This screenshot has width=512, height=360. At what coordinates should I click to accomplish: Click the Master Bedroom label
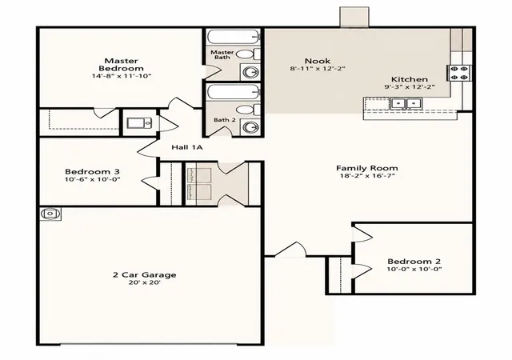(121, 65)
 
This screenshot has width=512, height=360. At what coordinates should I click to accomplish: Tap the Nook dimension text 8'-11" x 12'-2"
(318, 69)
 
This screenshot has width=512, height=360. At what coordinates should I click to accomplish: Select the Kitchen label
(410, 79)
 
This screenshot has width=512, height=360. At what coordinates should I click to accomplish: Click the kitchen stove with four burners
(459, 73)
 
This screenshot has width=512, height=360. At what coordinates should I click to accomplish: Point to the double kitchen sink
(406, 104)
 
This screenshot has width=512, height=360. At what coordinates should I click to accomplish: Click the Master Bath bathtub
(233, 38)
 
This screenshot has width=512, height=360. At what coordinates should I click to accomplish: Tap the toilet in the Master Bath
(248, 54)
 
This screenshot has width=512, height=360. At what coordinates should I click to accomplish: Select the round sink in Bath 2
(250, 126)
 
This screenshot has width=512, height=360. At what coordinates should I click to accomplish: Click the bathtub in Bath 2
(233, 93)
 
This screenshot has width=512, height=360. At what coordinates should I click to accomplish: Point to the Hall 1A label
(187, 147)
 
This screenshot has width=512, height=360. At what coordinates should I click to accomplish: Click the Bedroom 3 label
(93, 171)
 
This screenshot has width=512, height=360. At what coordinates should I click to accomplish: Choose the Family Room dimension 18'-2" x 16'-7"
(367, 176)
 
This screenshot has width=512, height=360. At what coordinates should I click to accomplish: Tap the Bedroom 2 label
(414, 262)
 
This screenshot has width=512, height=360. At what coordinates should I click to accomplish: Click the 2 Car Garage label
(145, 275)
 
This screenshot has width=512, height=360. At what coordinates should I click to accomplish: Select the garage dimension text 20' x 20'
(145, 282)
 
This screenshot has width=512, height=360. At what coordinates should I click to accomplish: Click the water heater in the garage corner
(50, 214)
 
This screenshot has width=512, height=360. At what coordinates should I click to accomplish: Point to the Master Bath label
(222, 54)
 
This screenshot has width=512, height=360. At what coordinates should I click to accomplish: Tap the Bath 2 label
(225, 120)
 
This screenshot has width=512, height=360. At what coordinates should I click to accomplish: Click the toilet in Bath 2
(248, 110)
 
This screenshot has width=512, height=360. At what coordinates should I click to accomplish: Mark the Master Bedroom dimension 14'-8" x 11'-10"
(122, 76)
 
